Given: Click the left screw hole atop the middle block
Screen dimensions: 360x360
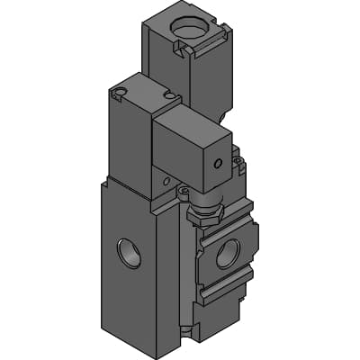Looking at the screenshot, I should tap(118, 91).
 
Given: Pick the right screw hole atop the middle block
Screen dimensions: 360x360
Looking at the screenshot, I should tap(168, 95).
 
